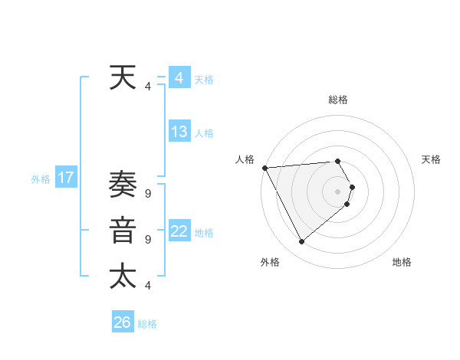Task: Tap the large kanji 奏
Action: point(123,186)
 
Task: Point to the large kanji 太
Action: point(123,276)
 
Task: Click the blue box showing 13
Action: point(179,132)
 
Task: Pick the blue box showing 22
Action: point(179,231)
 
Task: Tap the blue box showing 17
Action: point(66,178)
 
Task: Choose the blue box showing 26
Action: point(123,322)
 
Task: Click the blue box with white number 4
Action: point(179,78)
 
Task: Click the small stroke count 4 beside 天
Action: point(147,87)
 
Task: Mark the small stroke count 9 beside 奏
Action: point(147,195)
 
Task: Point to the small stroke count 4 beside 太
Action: point(147,286)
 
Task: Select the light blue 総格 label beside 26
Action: point(147,324)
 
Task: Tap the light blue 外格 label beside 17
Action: point(41,180)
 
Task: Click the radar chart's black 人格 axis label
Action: point(245,159)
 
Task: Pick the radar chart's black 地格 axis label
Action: point(402,262)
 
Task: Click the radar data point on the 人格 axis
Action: point(264,168)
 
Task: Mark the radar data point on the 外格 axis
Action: point(302,241)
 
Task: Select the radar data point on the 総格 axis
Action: point(337,161)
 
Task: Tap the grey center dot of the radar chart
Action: point(337,191)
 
